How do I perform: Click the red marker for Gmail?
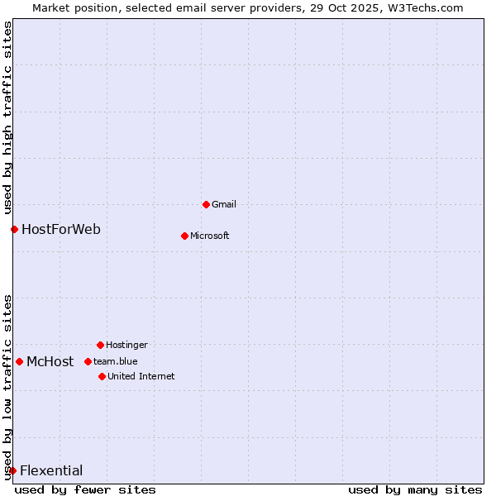click(x=206, y=204)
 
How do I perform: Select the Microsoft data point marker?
click(x=184, y=236)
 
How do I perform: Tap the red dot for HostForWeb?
click(x=14, y=229)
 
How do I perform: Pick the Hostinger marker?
click(x=100, y=345)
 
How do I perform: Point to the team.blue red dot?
click(x=88, y=361)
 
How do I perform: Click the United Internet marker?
click(x=102, y=376)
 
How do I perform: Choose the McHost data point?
click(x=19, y=361)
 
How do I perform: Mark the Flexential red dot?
click(x=12, y=470)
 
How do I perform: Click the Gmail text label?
click(x=224, y=204)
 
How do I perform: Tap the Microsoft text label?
click(x=210, y=236)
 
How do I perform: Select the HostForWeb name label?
click(x=61, y=229)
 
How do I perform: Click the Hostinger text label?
click(x=126, y=345)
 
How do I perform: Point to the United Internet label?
click(x=141, y=376)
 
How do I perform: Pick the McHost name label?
click(x=50, y=361)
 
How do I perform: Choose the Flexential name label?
click(x=51, y=470)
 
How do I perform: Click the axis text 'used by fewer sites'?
click(x=85, y=489)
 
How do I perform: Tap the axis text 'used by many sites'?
click(x=415, y=489)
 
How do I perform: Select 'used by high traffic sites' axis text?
click(x=7, y=117)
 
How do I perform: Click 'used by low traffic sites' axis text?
click(x=7, y=387)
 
